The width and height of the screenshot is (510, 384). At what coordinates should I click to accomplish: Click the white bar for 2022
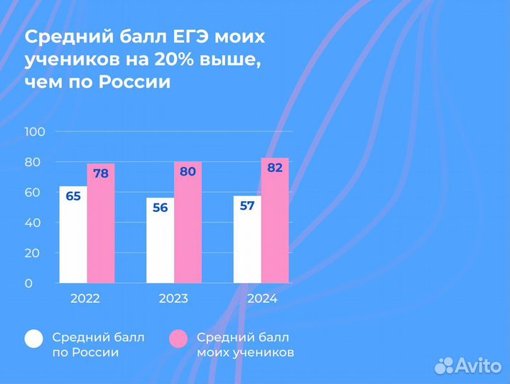73,238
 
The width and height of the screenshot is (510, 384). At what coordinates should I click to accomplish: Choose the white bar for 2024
247,244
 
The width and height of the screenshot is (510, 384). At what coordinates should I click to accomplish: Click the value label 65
73,196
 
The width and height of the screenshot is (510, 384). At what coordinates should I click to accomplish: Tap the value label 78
101,174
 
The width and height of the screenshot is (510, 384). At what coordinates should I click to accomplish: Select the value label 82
275,168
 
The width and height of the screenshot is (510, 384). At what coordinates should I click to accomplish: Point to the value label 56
161,208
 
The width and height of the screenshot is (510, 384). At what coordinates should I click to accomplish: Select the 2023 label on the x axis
173,299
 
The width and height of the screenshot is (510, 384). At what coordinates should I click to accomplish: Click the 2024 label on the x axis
261,299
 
